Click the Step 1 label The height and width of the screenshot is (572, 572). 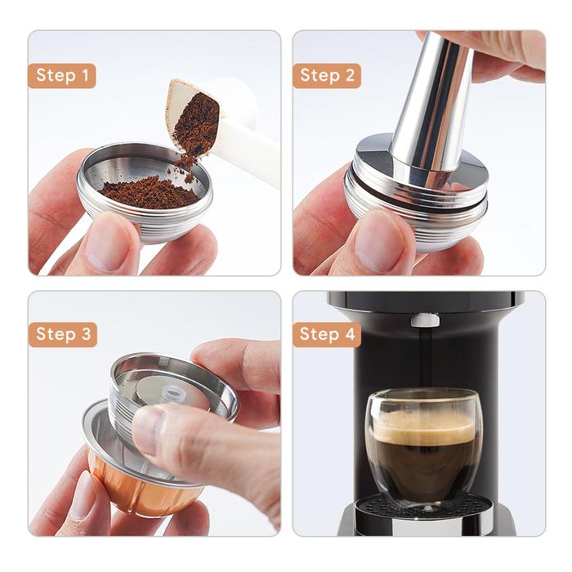point(62,76)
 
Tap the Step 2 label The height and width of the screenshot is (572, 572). point(326,76)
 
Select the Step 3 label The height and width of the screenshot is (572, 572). point(62,334)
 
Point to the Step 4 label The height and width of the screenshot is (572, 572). point(326,334)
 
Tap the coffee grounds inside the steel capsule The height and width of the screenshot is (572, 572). point(147,193)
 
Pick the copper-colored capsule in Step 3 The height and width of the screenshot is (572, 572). point(131,482)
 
